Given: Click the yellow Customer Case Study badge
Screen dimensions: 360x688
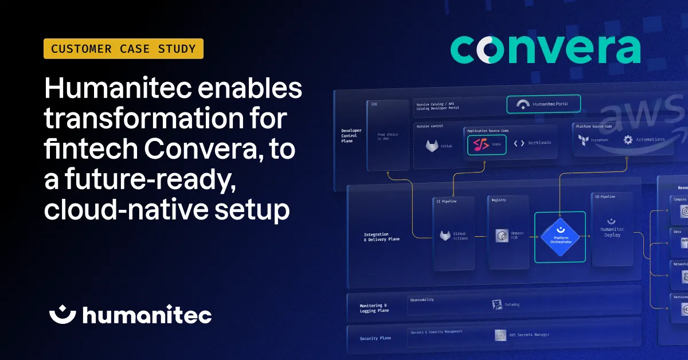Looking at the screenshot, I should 123,49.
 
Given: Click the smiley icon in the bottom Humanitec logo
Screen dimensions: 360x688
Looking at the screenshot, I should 62,314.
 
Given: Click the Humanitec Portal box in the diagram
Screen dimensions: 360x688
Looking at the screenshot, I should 544,104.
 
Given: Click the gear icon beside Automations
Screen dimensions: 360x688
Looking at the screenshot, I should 628,139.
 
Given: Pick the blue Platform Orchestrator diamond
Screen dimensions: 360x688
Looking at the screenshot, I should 560,237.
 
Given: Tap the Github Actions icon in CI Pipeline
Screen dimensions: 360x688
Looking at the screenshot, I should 445,236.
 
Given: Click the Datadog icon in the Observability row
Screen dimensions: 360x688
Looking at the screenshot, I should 498,305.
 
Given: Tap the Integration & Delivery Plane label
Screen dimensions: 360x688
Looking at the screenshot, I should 381,237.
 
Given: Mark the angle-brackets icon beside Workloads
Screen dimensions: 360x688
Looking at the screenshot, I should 519,143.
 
